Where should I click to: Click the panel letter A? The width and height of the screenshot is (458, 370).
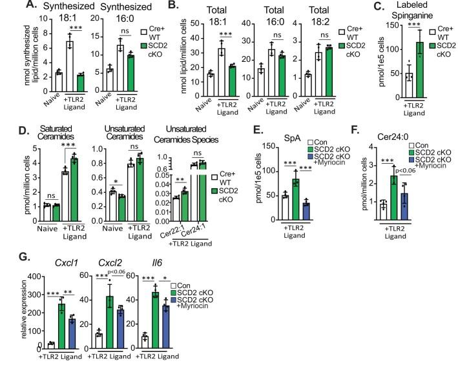[8, 6]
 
